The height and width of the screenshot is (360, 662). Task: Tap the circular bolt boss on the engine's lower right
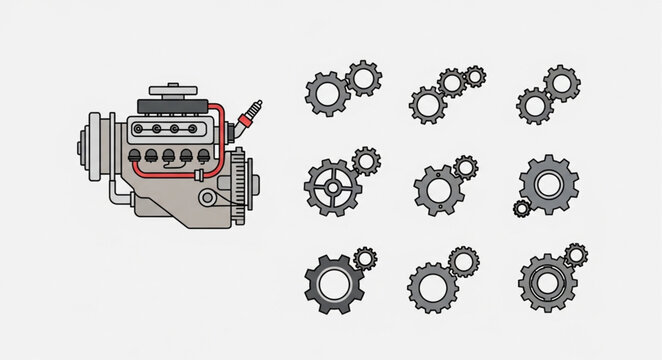click(x=207, y=199)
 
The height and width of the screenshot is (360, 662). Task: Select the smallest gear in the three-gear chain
click(x=476, y=74)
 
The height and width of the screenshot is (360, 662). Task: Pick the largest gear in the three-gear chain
click(x=428, y=102)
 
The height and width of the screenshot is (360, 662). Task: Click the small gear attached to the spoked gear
click(x=366, y=161)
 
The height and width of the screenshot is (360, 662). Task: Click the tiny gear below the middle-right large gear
click(x=521, y=207)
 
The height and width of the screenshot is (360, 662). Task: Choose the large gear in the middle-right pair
click(x=548, y=184)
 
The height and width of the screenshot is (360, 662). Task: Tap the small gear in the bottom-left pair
click(x=365, y=260)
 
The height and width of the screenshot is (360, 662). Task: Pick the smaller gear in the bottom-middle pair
click(x=466, y=262)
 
